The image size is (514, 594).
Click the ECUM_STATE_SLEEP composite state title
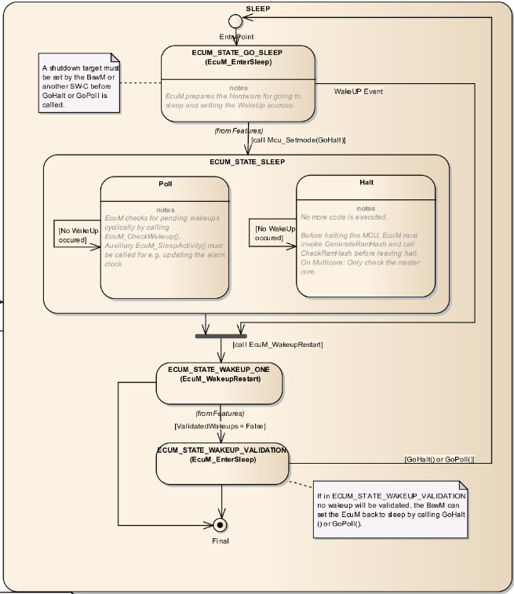point(247,161)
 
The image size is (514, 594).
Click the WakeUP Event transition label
point(359,92)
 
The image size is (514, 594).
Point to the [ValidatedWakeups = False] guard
point(219,426)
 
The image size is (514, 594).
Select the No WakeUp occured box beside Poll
point(77,233)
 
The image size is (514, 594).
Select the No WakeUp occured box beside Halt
point(275,233)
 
